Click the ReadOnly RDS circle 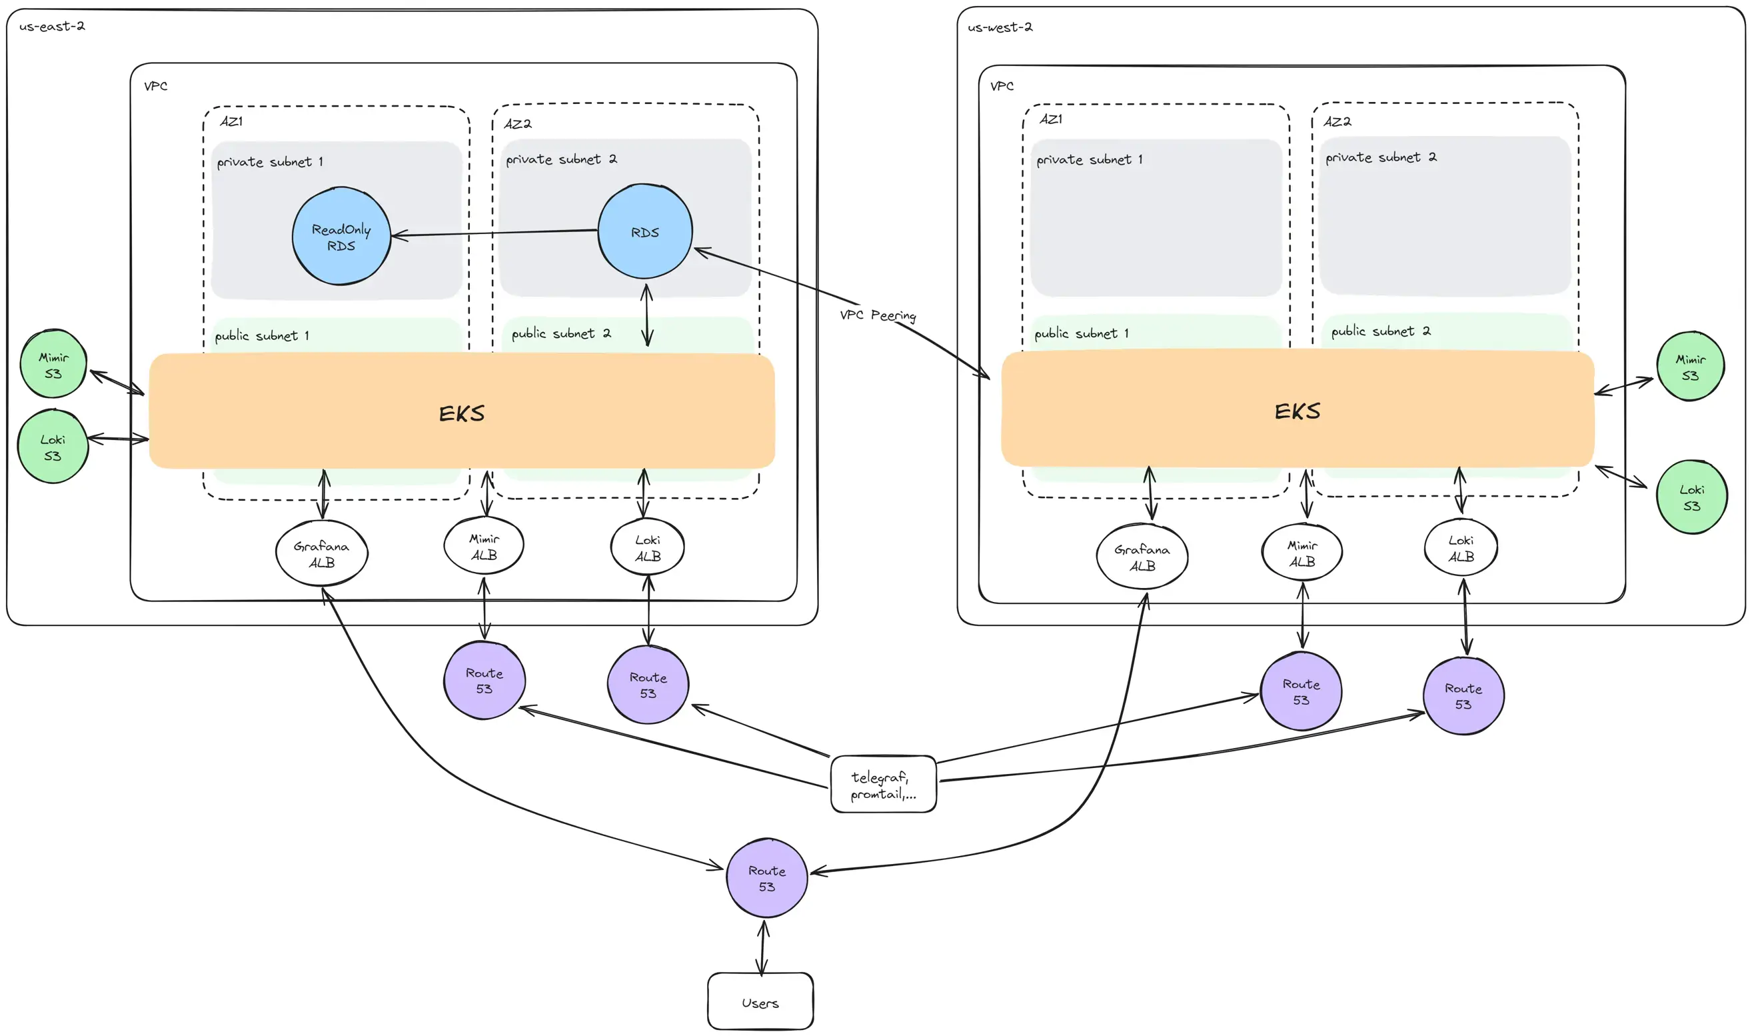(x=341, y=236)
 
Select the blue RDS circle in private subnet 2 (x=644, y=232)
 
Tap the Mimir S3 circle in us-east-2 (x=53, y=365)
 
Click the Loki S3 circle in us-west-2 (x=1691, y=497)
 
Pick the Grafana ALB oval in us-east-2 (x=322, y=553)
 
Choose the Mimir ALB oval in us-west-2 (x=1302, y=553)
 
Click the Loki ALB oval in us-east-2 (x=648, y=547)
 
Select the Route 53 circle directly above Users (x=766, y=878)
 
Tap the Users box (x=760, y=1001)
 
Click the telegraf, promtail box (x=882, y=785)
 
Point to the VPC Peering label (x=877, y=315)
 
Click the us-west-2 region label (x=999, y=27)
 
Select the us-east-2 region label (x=51, y=27)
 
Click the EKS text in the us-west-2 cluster (x=1296, y=411)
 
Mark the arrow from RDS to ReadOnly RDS (x=495, y=233)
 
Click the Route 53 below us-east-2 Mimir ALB (x=484, y=681)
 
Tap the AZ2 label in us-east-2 (x=517, y=123)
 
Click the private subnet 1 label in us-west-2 (x=1088, y=160)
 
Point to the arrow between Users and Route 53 (x=762, y=947)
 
